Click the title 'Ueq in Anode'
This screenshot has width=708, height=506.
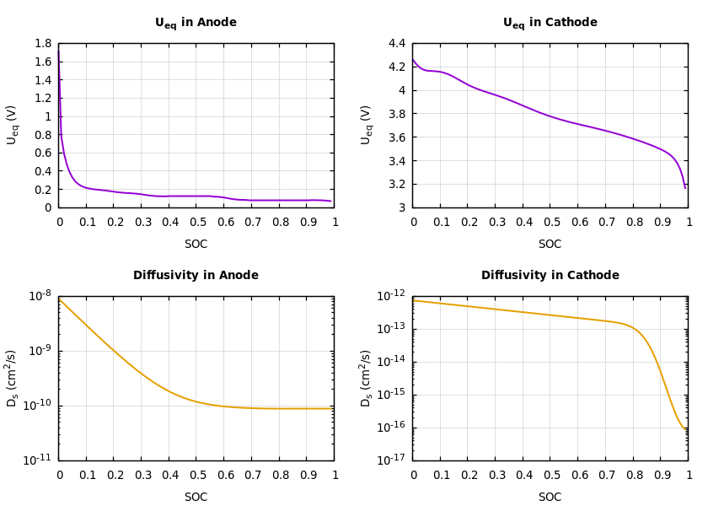[196, 23]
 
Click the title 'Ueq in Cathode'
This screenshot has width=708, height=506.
[550, 23]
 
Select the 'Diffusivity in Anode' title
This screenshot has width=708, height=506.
[196, 276]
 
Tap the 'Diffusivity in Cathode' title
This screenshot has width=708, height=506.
[550, 276]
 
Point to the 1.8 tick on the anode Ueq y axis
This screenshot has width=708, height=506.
[42, 44]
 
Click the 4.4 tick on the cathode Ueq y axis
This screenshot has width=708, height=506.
[396, 44]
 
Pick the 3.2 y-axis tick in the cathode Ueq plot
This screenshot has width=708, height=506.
[396, 184]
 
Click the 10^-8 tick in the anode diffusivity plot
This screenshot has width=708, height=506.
[40, 295]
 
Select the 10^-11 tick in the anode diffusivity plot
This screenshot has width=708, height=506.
[40, 460]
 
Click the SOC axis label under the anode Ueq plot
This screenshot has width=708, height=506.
[196, 245]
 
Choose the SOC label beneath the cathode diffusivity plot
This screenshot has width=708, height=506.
[550, 498]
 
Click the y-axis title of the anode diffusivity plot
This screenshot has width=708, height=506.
[13, 378]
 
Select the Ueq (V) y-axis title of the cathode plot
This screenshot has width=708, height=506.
[367, 125]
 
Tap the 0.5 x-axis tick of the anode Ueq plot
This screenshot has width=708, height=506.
[196, 222]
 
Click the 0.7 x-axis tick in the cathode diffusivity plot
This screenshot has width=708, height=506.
[606, 475]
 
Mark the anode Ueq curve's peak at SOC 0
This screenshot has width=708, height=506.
[59, 49]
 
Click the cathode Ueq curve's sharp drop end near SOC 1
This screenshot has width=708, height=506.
[685, 187]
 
